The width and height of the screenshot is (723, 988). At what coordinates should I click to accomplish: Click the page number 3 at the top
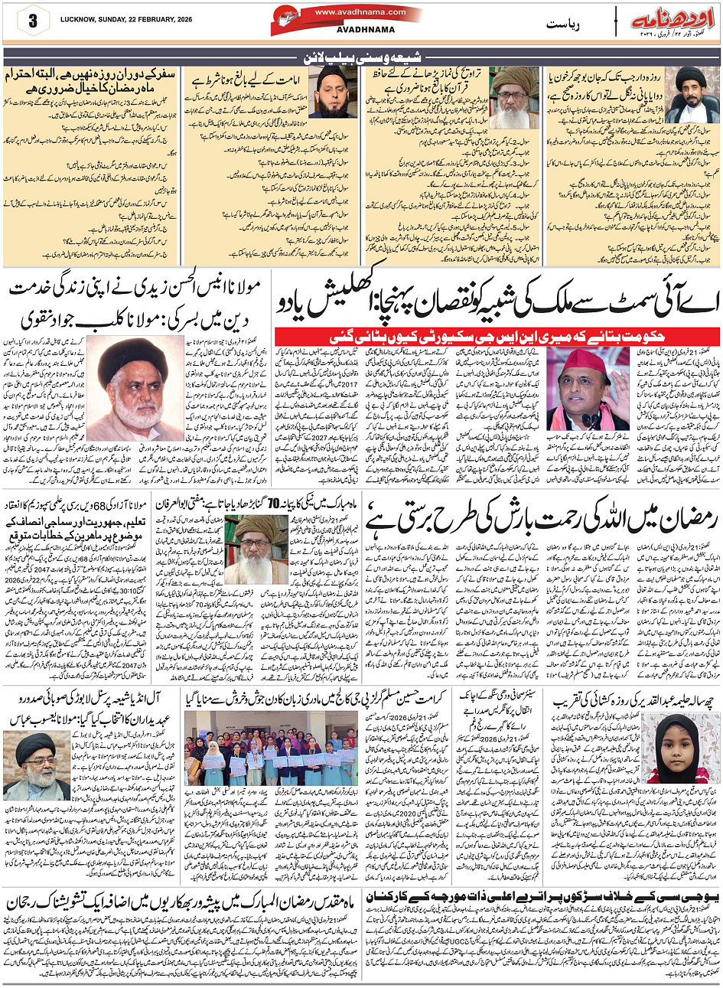[32, 21]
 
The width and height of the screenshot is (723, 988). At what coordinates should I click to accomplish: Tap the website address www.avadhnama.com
[349, 12]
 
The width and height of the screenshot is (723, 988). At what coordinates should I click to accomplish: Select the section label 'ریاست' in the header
[563, 24]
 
